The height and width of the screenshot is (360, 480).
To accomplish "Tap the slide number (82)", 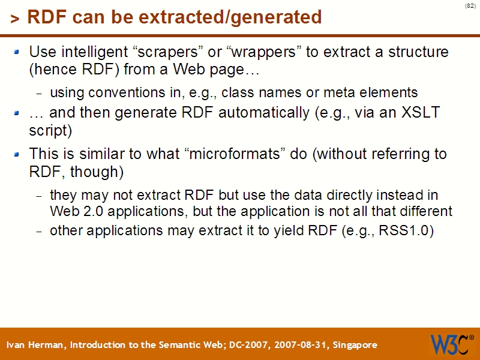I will (470, 6).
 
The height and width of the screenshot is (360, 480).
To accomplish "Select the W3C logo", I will (451, 344).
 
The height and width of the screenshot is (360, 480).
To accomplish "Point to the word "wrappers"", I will (264, 52).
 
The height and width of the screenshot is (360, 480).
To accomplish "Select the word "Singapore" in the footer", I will (355, 345).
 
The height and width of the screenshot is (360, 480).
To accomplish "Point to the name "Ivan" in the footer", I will (17, 345).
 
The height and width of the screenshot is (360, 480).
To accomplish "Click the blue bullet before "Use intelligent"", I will (17, 52).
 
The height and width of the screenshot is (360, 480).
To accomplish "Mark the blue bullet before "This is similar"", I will (17, 154).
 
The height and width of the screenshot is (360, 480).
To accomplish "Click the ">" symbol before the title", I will (14, 19).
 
